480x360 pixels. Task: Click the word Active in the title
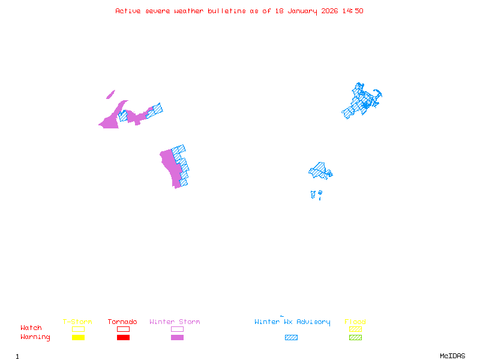tap(128, 11)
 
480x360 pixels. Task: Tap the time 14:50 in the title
tap(352, 11)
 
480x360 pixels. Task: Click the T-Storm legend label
tap(77, 322)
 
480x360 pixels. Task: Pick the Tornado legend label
tap(122, 322)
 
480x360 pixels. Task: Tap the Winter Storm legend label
tap(175, 322)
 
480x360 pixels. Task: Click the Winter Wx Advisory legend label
tap(292, 322)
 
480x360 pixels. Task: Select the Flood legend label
tap(355, 322)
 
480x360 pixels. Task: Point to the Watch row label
tap(31, 328)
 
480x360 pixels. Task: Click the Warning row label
tap(35, 337)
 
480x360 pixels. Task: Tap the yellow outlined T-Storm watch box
tap(78, 329)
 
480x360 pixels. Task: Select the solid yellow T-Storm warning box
tap(78, 337)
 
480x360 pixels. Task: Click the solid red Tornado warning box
tap(123, 337)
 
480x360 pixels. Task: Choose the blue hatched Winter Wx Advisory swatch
tap(291, 337)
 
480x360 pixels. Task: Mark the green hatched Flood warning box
tap(355, 337)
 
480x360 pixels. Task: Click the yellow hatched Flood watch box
tap(355, 329)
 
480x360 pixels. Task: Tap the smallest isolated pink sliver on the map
tap(110, 94)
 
